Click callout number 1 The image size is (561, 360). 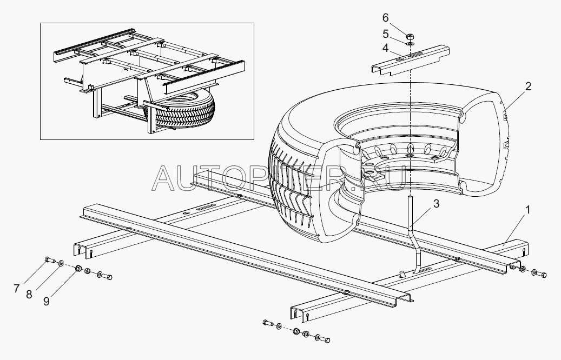coord(527,210)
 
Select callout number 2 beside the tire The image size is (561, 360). coord(527,86)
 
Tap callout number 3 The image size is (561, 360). coord(436,203)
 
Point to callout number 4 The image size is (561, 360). coord(385,48)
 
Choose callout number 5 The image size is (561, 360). coord(385,34)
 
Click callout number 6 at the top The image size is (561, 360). coord(385,17)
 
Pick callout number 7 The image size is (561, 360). coord(16,288)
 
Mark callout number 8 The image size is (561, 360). coord(29,294)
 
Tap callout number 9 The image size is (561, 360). coord(46,302)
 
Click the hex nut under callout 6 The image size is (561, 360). coord(410,36)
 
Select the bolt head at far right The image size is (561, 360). coord(543,275)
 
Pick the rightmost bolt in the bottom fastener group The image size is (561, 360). coord(325,339)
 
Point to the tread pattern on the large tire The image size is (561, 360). coord(290,186)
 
